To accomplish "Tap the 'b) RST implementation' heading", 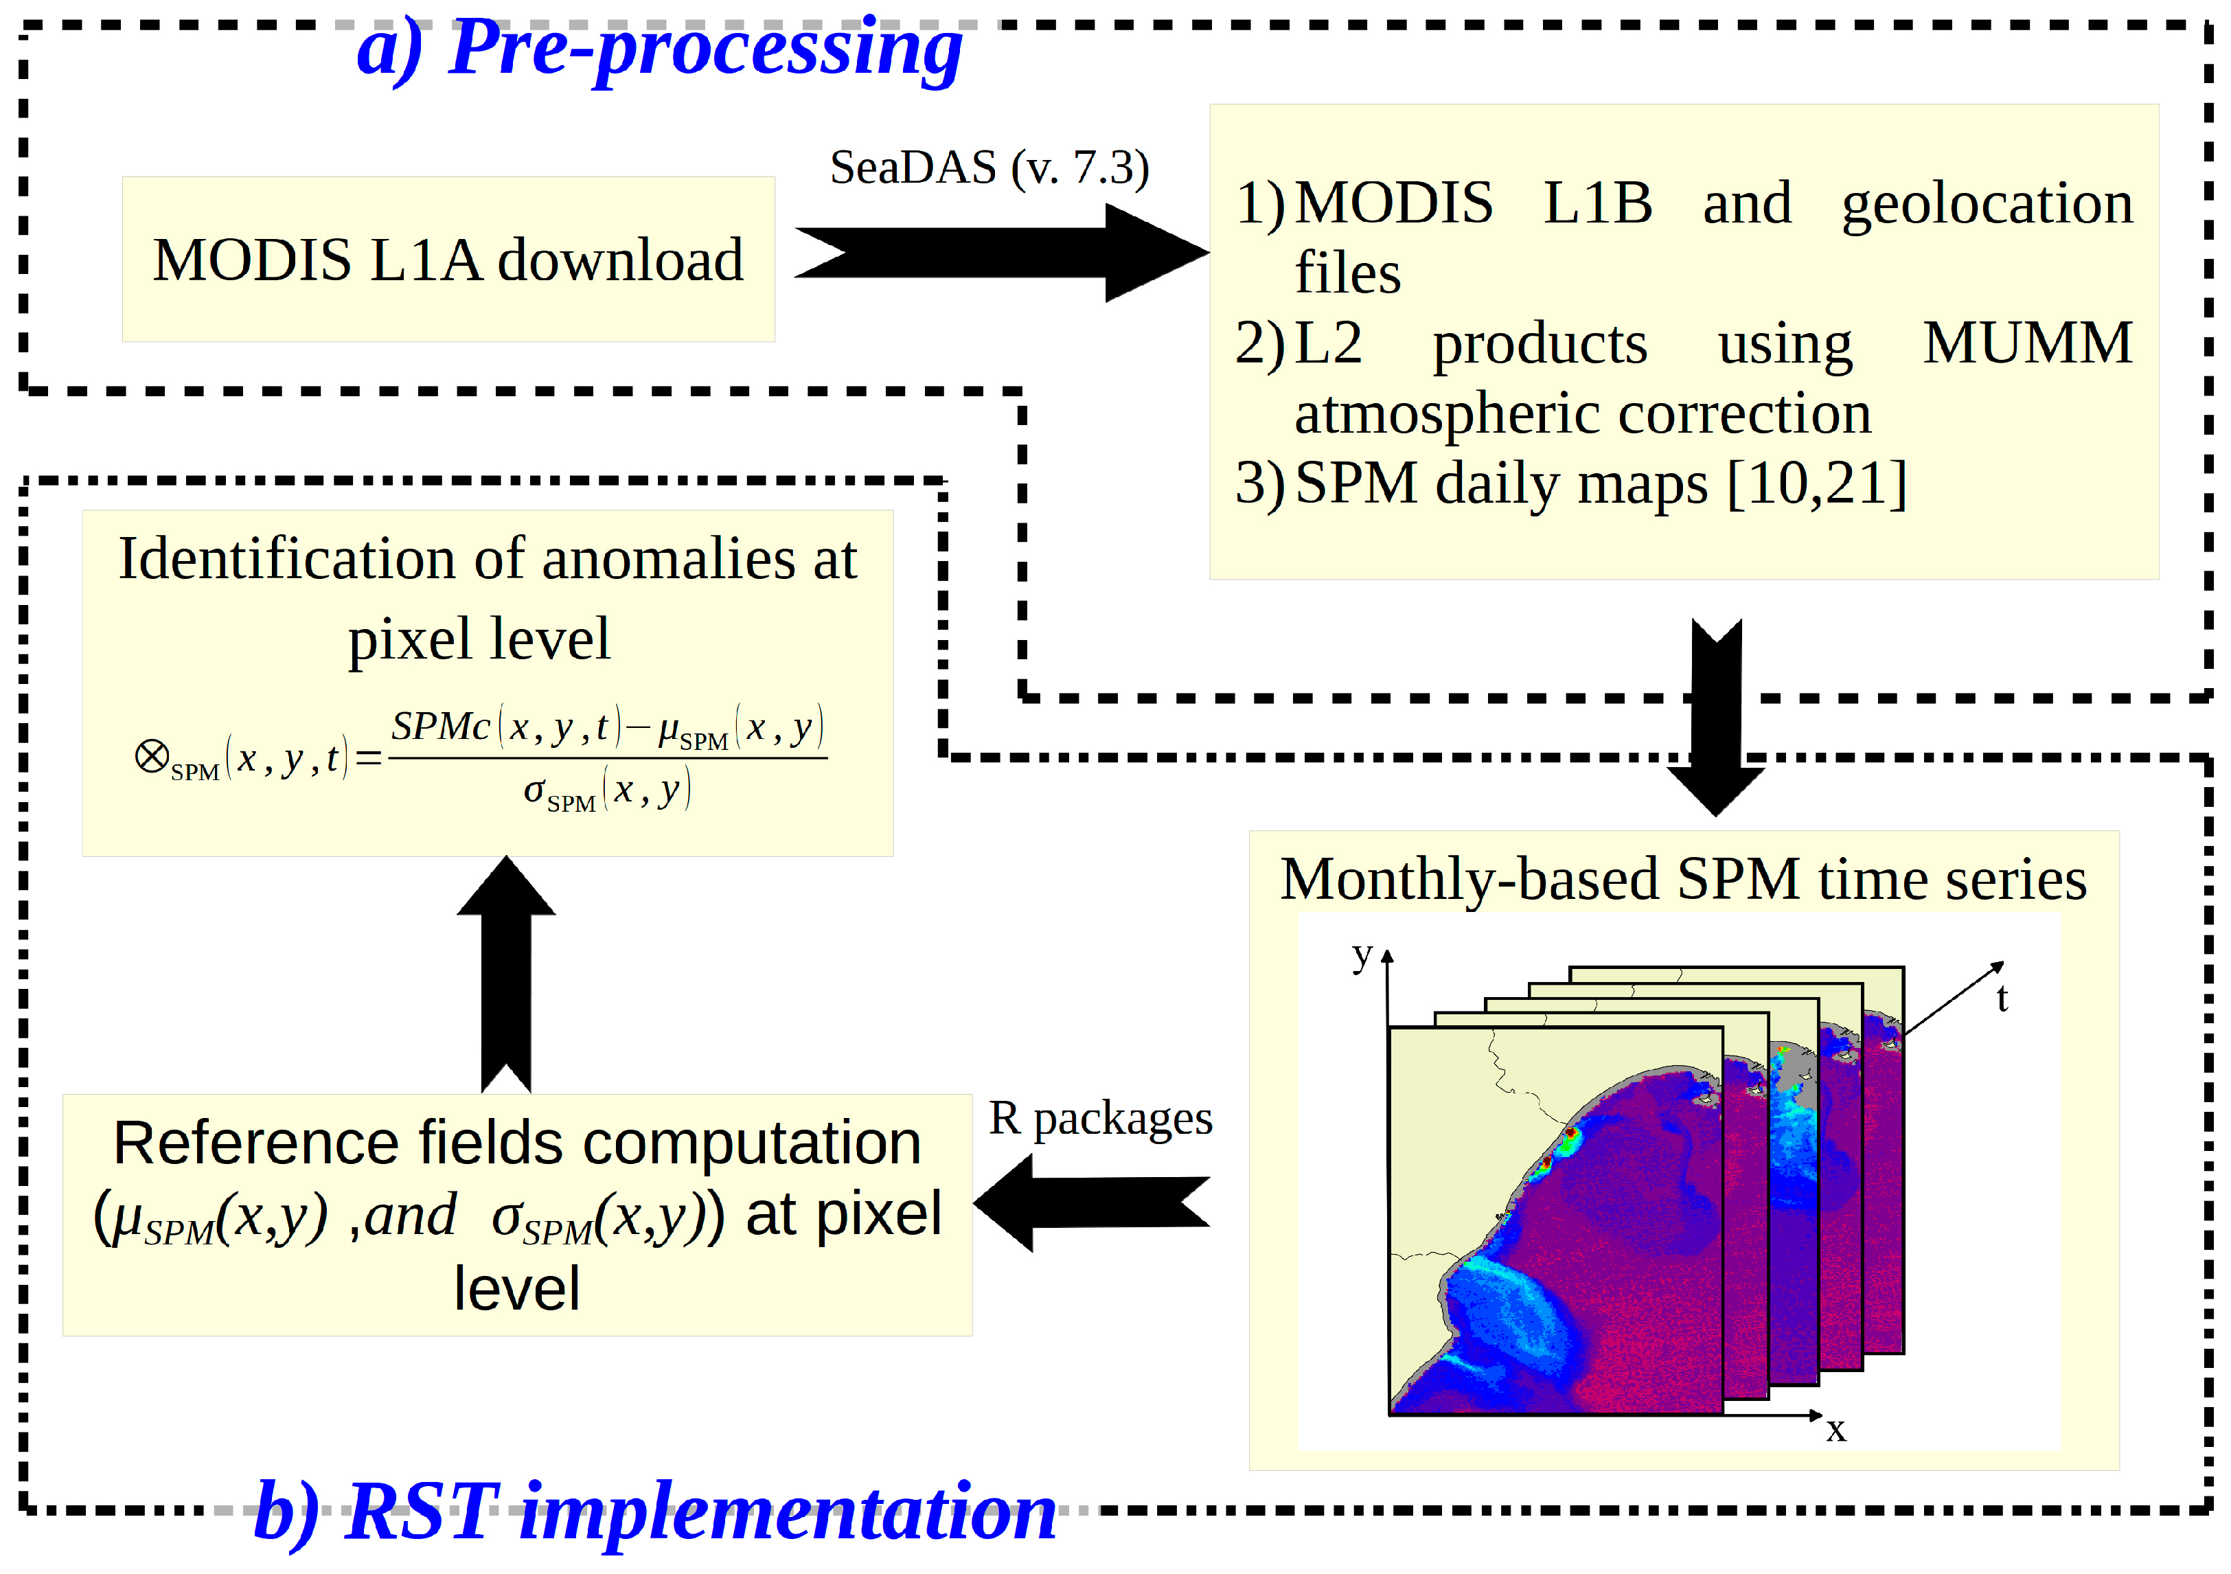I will point(654,1513).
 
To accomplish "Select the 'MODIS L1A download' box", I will point(448,260).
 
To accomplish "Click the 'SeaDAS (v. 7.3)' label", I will point(989,168).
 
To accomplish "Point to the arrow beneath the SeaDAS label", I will point(1001,253).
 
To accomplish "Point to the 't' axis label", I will point(2002,999).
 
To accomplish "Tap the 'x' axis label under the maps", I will point(1835,1429).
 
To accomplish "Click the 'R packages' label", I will point(1100,1119).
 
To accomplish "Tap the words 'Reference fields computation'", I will point(517,1143).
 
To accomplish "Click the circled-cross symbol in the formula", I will point(152,756).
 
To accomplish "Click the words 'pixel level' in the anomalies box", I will point(479,639).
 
